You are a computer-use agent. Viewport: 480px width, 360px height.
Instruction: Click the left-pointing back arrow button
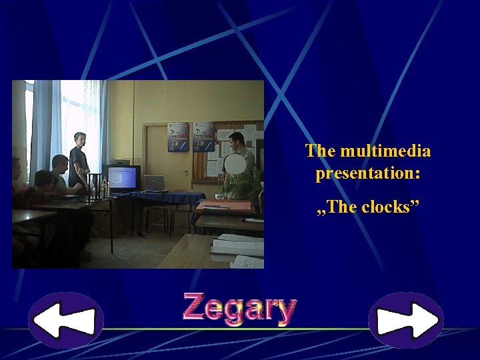tap(65, 320)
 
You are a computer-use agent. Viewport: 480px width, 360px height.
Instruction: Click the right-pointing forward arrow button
tap(406, 320)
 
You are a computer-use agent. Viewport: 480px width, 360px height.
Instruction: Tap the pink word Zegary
tap(239, 309)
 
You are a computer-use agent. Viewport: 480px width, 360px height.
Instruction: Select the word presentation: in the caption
tap(368, 174)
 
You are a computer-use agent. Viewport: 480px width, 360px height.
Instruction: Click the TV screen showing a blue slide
tap(123, 178)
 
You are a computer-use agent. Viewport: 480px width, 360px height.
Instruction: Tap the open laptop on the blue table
tap(154, 183)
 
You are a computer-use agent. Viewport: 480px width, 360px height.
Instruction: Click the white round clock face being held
tap(234, 164)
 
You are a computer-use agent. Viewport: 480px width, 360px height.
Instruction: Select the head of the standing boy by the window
tap(80, 140)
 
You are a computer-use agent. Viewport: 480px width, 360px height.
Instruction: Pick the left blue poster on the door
tap(179, 136)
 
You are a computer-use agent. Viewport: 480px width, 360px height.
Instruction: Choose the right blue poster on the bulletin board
tap(203, 136)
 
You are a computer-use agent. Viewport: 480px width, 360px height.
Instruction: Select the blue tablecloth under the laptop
tap(167, 198)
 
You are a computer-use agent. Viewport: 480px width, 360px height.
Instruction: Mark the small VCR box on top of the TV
tap(120, 161)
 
